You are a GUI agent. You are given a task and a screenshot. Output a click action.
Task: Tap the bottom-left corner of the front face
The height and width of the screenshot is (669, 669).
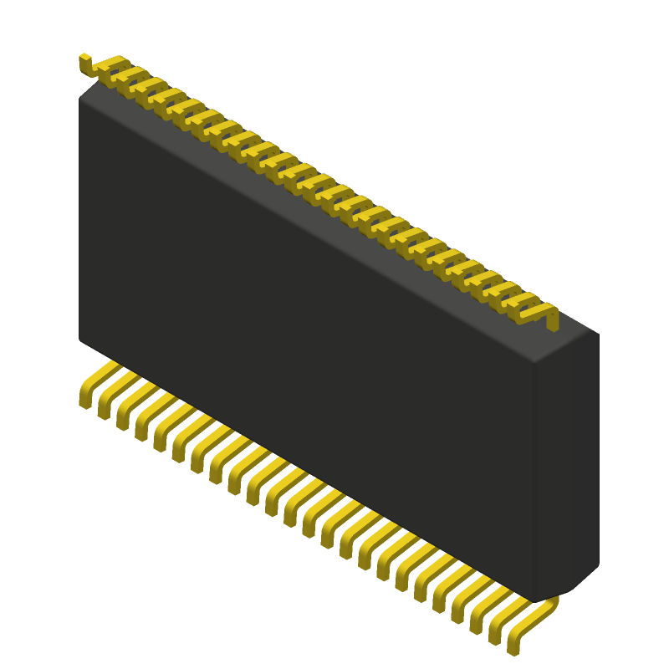80,339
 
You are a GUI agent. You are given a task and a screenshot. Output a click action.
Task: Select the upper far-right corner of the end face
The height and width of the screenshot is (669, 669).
598,334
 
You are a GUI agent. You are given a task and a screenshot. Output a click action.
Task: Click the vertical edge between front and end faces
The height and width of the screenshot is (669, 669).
534,477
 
